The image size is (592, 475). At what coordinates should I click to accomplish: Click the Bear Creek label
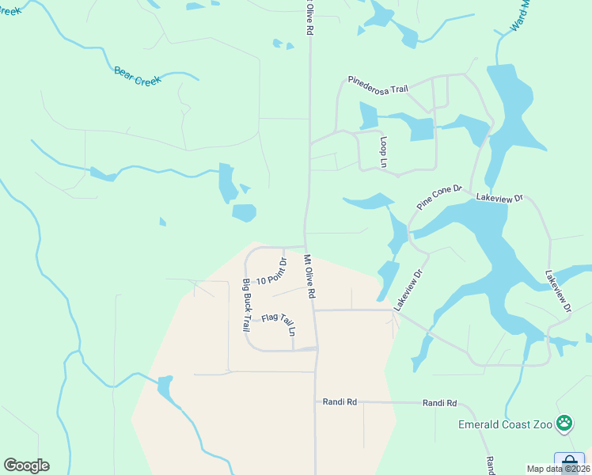[138, 77]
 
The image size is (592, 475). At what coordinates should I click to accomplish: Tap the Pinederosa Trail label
[378, 84]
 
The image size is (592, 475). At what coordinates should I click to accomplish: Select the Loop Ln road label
[384, 151]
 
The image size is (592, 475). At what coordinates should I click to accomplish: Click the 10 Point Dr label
[271, 271]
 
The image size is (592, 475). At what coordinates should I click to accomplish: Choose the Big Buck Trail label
[246, 304]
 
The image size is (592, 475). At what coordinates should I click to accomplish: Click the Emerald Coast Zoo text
[505, 424]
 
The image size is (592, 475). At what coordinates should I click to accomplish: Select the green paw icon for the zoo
[564, 424]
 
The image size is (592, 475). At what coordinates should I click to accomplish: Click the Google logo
[26, 465]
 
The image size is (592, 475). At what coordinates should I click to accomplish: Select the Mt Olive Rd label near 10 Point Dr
[310, 276]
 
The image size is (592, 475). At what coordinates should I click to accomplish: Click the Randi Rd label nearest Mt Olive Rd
[340, 402]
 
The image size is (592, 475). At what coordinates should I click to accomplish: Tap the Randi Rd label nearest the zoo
[440, 403]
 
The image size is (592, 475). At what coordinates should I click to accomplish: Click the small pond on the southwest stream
[165, 387]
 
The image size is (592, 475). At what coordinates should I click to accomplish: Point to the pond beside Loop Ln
[369, 116]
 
